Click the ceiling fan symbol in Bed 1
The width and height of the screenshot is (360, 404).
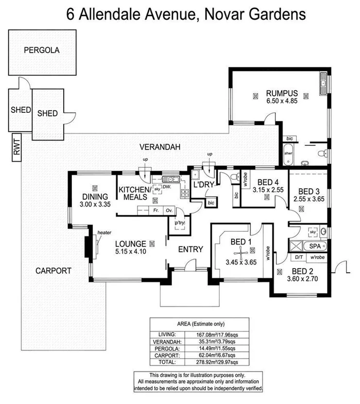click(x=239, y=251)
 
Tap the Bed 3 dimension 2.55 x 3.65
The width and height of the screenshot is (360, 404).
click(x=309, y=199)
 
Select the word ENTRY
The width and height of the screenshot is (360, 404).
click(x=190, y=249)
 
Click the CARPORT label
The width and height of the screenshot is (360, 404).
click(x=53, y=271)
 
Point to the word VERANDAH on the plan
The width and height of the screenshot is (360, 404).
click(x=160, y=146)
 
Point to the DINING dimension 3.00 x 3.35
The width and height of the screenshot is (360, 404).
click(x=96, y=205)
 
